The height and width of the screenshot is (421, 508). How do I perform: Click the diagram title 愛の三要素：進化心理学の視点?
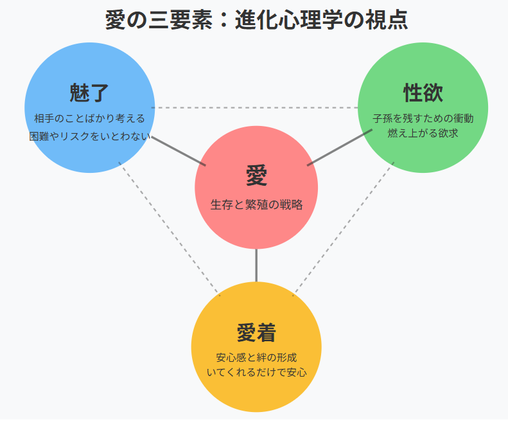click(x=256, y=19)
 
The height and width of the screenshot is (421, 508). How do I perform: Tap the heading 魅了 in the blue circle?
click(x=89, y=93)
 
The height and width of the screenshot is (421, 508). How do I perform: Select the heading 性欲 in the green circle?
click(x=423, y=93)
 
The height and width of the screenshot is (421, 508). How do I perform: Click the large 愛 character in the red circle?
click(x=256, y=175)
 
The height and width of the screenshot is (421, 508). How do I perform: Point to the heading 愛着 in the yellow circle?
click(x=256, y=333)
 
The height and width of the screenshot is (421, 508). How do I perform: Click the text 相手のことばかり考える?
click(x=89, y=119)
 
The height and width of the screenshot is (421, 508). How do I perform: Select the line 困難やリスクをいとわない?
click(x=89, y=136)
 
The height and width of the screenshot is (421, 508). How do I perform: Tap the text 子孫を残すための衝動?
click(x=423, y=119)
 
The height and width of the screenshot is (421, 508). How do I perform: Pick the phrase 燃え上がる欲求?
click(x=423, y=134)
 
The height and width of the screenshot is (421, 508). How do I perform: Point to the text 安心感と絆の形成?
click(x=256, y=357)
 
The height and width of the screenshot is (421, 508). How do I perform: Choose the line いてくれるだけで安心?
click(x=256, y=372)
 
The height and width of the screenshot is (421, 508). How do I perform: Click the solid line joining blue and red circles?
click(x=179, y=151)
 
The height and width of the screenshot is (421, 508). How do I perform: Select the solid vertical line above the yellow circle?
click(x=256, y=265)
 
